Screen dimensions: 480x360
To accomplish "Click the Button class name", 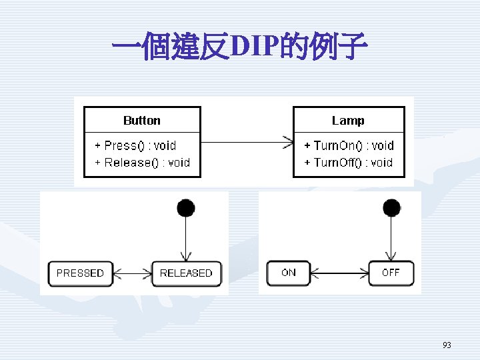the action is pos(142,121).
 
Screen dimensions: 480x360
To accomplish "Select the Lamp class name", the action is pos(348,121).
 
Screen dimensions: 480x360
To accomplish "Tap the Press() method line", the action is pos(135,145).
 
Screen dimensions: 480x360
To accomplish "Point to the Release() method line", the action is pos(143,163).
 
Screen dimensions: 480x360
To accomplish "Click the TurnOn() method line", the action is pos(349,145).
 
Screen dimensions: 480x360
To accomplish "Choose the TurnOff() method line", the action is pos(349,163).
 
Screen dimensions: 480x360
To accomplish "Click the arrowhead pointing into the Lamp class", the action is pos(289,143).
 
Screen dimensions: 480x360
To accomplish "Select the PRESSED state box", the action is pos(81,274).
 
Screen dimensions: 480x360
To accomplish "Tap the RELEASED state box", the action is pos(187,274).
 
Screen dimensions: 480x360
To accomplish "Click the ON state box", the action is pos(289,273).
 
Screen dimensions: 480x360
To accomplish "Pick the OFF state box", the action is pos(391,273).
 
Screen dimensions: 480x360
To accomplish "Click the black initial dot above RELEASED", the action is pos(186,208).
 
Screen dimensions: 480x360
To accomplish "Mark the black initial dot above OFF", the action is pos(391,207).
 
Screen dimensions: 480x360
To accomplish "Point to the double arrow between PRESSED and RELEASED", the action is pos(133,274).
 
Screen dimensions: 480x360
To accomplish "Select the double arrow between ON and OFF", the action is pos(340,273).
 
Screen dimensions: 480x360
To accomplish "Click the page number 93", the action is pos(447,345).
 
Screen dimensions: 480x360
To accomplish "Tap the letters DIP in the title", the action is pos(255,46).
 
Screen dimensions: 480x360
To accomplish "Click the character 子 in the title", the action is pos(353,46).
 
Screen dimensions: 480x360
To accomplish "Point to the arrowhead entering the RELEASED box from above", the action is pos(186,257).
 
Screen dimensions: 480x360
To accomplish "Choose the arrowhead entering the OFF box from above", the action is pos(391,256).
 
